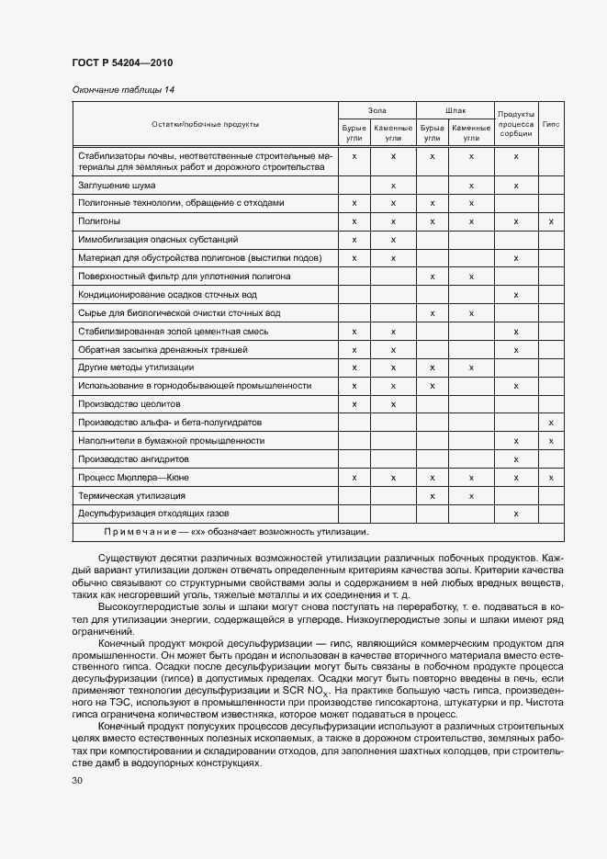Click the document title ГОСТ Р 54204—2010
tap(122, 62)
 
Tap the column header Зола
tap(377, 110)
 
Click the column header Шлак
tap(455, 110)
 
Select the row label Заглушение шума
tap(112, 186)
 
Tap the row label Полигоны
tap(99, 221)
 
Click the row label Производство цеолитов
tap(129, 404)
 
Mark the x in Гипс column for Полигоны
tap(551, 221)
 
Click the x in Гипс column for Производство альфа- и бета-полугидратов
tap(551, 423)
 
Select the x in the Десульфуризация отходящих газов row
tap(516, 514)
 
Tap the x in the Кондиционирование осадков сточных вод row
tap(516, 295)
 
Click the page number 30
tap(77, 782)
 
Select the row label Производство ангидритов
tap(134, 459)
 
